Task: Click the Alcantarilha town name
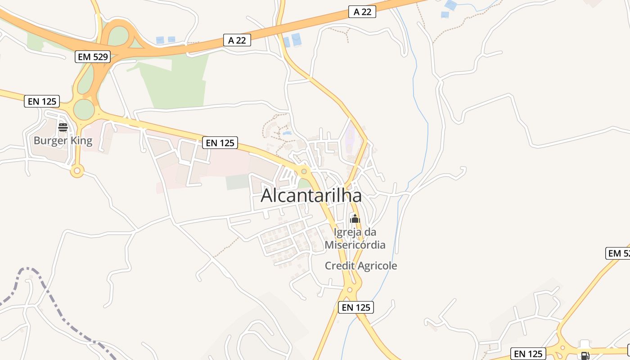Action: point(311,196)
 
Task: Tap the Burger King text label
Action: point(63,140)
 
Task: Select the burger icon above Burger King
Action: point(63,127)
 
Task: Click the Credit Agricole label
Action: point(361,265)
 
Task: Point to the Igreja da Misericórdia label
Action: point(355,238)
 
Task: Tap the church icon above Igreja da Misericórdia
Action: point(355,219)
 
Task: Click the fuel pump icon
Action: point(585,355)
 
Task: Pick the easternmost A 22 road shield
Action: point(362,12)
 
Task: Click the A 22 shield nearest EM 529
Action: point(237,40)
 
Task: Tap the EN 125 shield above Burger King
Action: point(42,101)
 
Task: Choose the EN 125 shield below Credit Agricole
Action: point(356,307)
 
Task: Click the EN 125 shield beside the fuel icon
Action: point(528,354)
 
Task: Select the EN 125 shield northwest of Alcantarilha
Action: point(220,143)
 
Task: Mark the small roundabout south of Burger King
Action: point(77,171)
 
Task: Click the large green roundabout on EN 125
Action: point(84,109)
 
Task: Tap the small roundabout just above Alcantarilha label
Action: point(304,171)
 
